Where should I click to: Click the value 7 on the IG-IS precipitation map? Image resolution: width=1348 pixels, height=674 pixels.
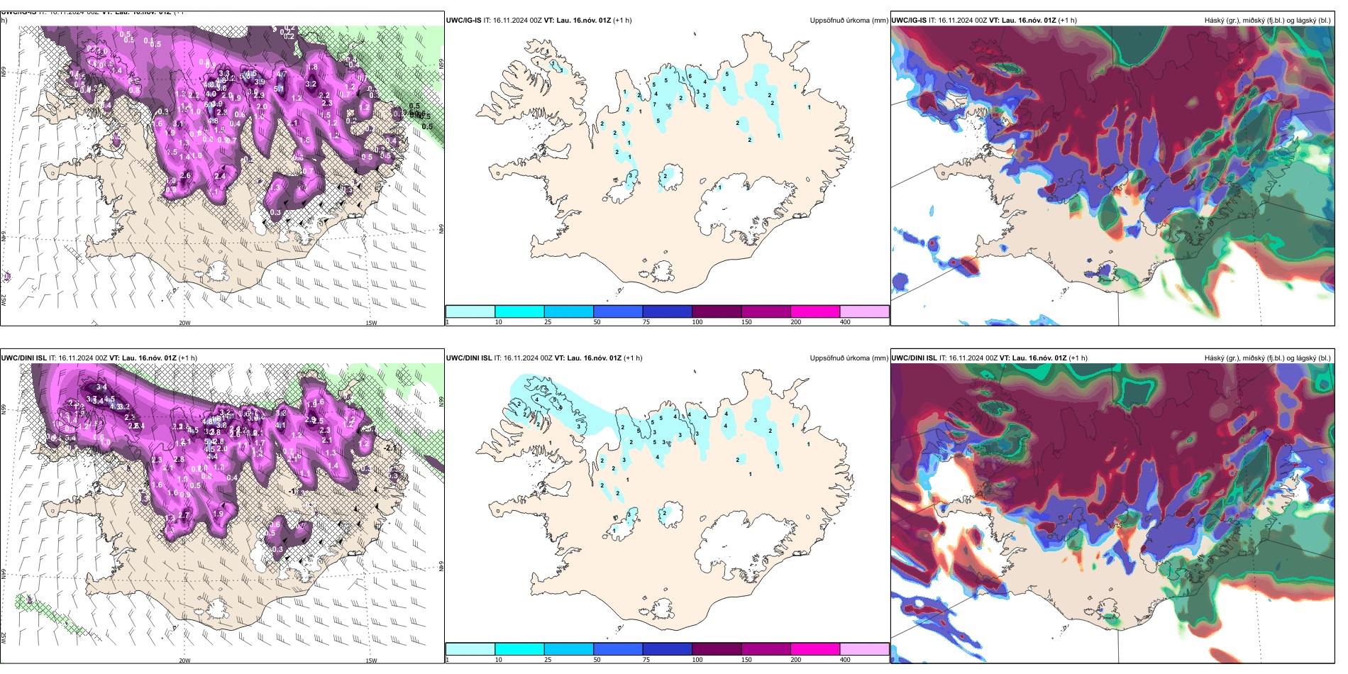click(x=654, y=105)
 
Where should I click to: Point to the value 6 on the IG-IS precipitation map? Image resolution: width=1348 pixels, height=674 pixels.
click(x=690, y=77)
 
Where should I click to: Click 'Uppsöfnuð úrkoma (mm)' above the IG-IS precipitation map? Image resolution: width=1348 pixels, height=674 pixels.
click(x=849, y=21)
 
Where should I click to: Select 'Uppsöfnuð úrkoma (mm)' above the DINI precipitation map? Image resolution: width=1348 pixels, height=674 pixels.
click(x=849, y=358)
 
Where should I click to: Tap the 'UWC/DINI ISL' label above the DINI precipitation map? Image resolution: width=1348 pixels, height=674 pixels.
click(x=469, y=358)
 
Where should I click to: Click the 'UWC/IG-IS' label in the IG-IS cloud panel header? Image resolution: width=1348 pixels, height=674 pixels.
click(x=909, y=21)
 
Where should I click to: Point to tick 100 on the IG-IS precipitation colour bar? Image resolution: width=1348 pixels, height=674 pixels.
click(x=697, y=322)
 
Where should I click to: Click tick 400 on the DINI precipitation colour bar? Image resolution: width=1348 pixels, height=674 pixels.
click(x=845, y=660)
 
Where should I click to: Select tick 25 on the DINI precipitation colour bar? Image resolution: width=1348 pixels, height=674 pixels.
click(x=548, y=660)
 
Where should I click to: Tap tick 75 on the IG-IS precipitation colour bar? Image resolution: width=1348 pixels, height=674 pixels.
click(x=646, y=322)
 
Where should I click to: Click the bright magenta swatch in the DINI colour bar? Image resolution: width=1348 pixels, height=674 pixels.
click(x=815, y=649)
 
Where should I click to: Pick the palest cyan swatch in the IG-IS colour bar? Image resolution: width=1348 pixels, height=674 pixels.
click(x=470, y=311)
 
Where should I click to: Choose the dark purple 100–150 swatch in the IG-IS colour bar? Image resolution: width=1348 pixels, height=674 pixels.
click(x=717, y=311)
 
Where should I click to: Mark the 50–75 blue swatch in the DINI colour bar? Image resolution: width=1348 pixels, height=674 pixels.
click(x=618, y=649)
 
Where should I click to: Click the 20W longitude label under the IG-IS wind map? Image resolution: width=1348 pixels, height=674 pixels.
click(x=184, y=323)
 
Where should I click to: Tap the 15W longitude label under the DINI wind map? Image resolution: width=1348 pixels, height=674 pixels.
click(x=370, y=661)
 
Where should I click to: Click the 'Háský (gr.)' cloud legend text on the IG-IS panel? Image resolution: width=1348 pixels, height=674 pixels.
click(x=1222, y=21)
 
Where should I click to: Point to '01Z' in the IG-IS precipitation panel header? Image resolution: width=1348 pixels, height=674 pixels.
click(x=604, y=21)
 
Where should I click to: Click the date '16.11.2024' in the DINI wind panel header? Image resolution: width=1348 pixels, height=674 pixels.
click(x=76, y=358)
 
